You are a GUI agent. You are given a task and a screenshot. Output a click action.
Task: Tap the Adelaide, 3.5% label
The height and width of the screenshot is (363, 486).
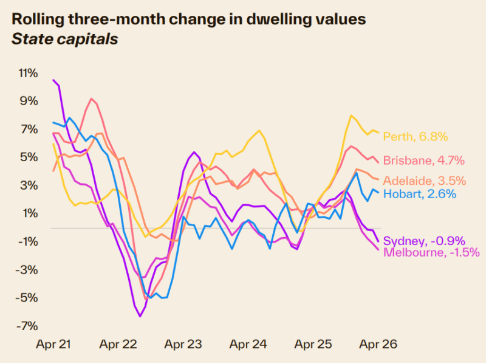425,181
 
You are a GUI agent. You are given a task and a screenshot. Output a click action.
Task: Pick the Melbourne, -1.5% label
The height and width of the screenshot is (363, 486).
432,252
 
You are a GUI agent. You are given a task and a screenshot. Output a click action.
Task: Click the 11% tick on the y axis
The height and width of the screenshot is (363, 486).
28,73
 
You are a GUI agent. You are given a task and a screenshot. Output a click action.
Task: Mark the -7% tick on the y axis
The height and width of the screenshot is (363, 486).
28,326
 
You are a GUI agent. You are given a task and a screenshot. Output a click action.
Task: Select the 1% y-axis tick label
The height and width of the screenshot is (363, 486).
30,213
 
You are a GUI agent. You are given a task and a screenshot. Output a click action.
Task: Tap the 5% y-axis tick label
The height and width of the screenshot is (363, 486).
30,157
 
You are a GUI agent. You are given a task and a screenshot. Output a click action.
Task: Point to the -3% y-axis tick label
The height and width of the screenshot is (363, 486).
28,270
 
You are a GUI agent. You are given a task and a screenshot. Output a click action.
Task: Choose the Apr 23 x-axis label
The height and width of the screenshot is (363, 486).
183,345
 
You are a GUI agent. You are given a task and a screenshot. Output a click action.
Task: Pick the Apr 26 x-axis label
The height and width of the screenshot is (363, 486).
378,345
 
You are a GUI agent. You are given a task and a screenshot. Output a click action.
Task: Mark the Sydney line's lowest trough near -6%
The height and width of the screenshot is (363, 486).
140,316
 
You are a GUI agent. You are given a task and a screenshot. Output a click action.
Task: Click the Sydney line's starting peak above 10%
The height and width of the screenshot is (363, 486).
54,80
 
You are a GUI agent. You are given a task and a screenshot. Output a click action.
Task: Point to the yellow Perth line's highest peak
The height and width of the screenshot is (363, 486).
351,116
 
